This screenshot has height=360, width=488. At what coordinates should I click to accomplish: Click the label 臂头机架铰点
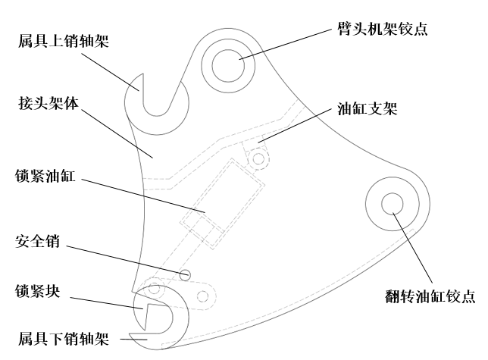[x=383, y=29]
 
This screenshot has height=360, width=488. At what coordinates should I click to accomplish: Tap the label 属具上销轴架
[x=64, y=41]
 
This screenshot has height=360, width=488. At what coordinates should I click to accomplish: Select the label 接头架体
[x=48, y=103]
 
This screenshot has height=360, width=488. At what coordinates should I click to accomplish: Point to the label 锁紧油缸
[x=45, y=175]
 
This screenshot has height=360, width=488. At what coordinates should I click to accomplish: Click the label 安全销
[x=37, y=241]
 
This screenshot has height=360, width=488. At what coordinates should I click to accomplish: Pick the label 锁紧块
[x=37, y=291]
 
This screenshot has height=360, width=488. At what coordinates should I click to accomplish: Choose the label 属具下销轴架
[x=64, y=338]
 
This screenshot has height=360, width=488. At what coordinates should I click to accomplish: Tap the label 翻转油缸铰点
[x=430, y=296]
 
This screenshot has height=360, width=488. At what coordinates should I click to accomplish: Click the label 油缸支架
[x=368, y=108]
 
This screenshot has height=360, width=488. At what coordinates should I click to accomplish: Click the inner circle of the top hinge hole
[x=228, y=50]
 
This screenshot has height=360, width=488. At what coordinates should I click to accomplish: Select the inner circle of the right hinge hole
[x=393, y=193]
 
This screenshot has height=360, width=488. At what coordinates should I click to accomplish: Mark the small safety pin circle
[x=185, y=270]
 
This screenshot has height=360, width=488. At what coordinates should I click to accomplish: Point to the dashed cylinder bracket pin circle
[x=258, y=153]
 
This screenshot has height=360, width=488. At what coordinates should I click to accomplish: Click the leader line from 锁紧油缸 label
[x=143, y=196]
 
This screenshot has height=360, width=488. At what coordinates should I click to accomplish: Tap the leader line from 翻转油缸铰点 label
[x=413, y=248]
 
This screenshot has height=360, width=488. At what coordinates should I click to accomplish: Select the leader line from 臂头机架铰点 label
[x=286, y=45]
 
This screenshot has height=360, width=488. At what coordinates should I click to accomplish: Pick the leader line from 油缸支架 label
[x=295, y=126]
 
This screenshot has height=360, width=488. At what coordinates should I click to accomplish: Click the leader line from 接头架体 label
[x=117, y=133]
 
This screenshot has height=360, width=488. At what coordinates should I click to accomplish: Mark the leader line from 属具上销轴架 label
[x=110, y=72]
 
